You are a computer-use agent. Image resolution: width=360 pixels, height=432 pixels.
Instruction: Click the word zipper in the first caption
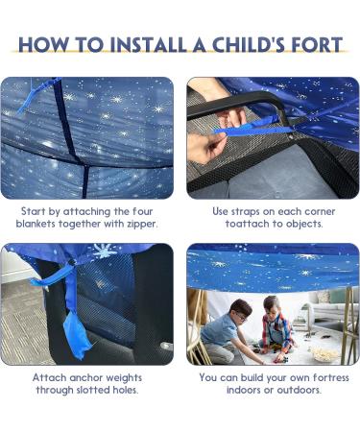136,223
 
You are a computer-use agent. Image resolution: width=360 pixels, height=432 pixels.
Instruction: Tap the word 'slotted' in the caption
94,391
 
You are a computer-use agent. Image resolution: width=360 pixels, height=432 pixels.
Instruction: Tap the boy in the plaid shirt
276,326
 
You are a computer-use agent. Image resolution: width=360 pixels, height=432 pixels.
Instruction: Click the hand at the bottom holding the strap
204,147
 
